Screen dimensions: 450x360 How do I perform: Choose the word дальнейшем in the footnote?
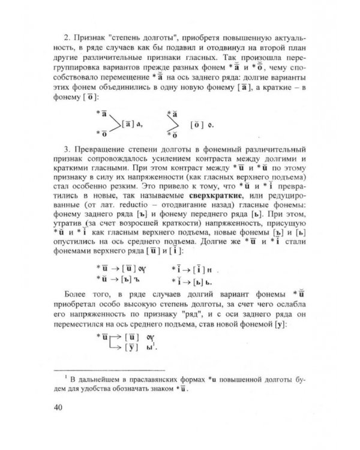click(x=106, y=379)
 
